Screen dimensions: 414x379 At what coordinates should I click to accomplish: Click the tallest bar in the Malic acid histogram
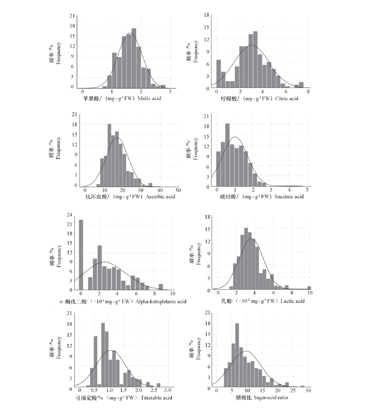(134, 58)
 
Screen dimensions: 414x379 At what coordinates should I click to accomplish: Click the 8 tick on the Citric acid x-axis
(308, 92)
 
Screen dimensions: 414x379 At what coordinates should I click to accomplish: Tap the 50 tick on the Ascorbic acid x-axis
(178, 190)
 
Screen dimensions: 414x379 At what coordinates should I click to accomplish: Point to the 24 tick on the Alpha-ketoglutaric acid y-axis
(69, 215)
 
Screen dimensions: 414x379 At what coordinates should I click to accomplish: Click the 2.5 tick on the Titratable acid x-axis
(154, 390)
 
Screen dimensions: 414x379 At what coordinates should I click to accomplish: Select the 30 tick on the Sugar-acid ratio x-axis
(308, 390)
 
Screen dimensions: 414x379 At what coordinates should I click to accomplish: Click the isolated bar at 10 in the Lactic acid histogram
(309, 288)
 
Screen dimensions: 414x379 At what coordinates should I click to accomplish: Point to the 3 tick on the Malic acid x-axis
(170, 92)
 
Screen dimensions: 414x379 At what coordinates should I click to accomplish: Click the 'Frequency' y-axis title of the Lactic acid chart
(199, 254)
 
